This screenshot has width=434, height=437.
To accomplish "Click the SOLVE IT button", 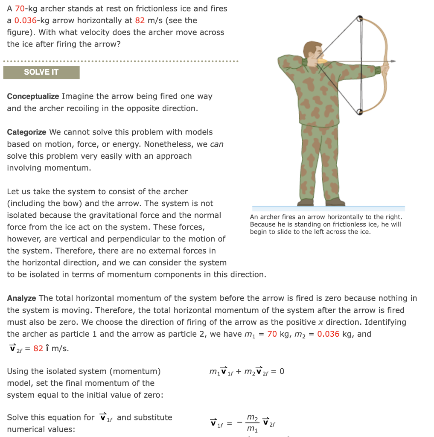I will [x=41, y=72].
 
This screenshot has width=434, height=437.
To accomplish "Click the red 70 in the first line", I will [x=20, y=9].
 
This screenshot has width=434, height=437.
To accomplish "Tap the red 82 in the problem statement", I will [x=139, y=20].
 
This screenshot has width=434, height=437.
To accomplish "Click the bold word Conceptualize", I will [x=33, y=96].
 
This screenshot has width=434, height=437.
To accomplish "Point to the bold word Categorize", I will [x=26, y=132].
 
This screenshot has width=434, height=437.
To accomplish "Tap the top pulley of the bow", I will [x=360, y=19].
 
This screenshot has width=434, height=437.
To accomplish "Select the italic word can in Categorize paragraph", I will [x=217, y=144].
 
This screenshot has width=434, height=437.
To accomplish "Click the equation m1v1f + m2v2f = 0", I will [x=246, y=371].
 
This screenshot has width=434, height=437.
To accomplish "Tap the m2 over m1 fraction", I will [x=253, y=422].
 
